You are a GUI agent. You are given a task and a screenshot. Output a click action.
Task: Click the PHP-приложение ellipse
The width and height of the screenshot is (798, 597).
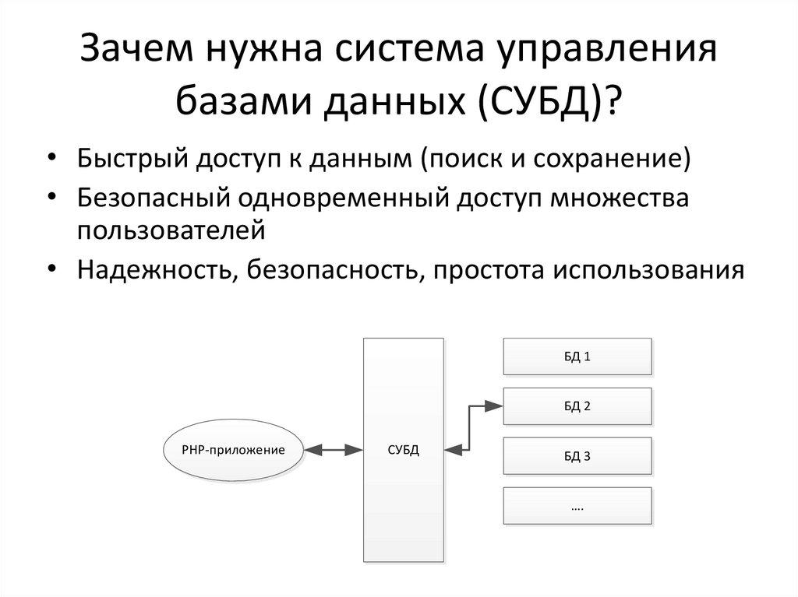[232, 449]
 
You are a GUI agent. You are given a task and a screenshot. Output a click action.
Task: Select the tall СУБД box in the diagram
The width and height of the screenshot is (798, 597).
[404, 449]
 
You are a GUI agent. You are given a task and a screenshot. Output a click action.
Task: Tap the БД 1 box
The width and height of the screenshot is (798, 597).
[577, 357]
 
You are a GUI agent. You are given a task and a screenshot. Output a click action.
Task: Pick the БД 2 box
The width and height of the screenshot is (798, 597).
[577, 406]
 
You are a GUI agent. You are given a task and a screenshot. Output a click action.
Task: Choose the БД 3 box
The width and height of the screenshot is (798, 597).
[577, 456]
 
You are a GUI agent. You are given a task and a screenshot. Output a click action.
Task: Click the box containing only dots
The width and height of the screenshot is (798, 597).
[577, 506]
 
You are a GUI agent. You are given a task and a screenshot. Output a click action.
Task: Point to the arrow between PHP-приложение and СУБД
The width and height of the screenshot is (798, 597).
[334, 449]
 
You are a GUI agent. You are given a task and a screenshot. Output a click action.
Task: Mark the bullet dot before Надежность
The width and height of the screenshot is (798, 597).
[51, 267]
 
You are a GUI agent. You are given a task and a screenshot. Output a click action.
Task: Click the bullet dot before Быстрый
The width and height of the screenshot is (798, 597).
[51, 156]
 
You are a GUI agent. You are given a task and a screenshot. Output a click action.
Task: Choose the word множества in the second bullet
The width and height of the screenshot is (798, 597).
[620, 198]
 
